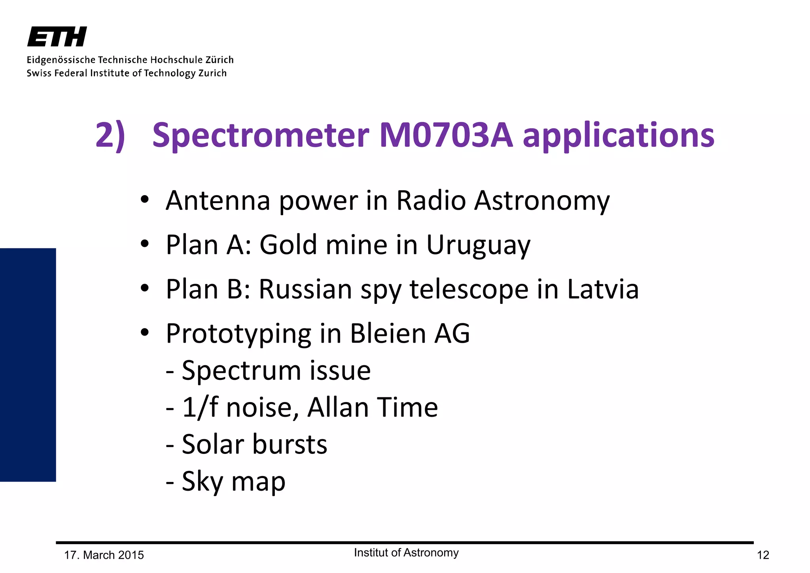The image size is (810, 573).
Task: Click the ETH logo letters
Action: coord(57,37)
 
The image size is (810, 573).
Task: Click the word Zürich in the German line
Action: coord(219,60)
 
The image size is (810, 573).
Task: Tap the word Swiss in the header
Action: coord(39,73)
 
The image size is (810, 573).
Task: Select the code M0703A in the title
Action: coord(446,135)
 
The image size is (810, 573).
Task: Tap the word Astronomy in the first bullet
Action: coord(542,201)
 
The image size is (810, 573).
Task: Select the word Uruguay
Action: coord(478,245)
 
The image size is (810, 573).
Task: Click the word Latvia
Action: coord(603,289)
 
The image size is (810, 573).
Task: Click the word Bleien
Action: coord(388,333)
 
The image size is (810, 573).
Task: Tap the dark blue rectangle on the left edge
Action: coord(28,364)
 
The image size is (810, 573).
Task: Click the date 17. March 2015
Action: coord(104,555)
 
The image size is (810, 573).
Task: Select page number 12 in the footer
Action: coord(763,555)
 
